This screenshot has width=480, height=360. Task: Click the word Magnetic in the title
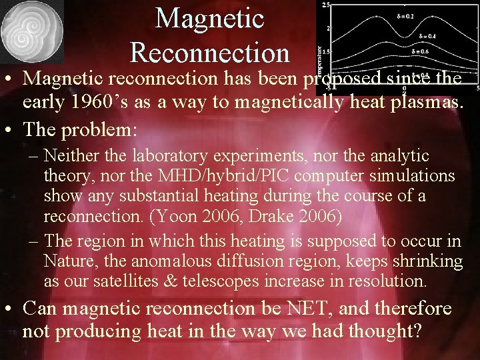point(210,19)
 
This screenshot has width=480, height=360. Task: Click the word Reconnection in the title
point(210,52)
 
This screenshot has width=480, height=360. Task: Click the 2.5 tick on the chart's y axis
point(325,5)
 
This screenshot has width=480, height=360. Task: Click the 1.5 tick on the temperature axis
point(325,51)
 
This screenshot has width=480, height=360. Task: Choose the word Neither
point(70,156)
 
